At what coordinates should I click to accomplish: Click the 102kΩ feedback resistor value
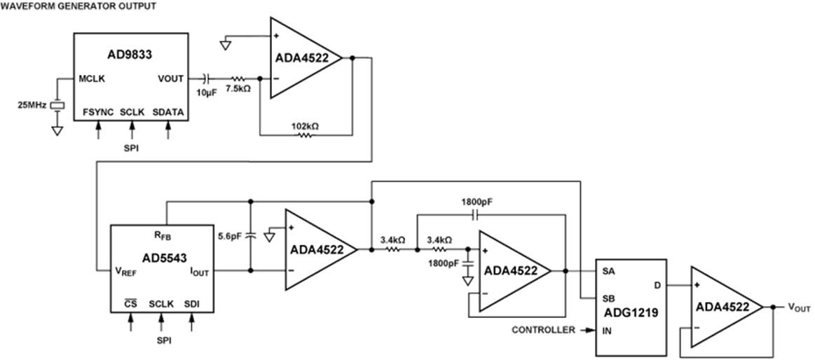[x=305, y=126]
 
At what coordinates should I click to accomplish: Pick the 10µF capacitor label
[x=207, y=92]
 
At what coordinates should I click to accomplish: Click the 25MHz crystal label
[x=32, y=105]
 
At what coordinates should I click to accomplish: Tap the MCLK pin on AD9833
[x=92, y=78]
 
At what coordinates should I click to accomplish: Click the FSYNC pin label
[x=98, y=112]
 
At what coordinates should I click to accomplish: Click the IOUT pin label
[x=199, y=271]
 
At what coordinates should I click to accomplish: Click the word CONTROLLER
[x=542, y=329]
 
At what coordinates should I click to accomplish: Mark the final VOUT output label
[x=799, y=307]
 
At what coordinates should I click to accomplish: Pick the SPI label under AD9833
[x=132, y=147]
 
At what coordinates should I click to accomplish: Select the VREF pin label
[x=127, y=271]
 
